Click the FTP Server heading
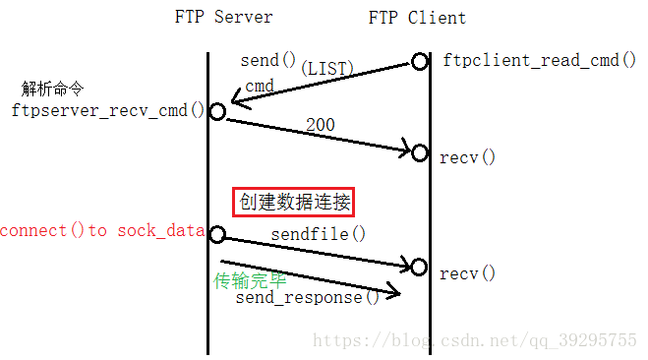223,17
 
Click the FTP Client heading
417,17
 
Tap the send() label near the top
267,61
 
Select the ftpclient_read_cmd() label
532,60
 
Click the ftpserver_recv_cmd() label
108,109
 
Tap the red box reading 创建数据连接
294,203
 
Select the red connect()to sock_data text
102,231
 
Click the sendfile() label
319,234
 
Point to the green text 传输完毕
250,280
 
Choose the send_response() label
308,296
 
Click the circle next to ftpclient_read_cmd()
420,62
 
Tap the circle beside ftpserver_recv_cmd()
217,112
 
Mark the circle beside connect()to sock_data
217,234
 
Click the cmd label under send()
260,87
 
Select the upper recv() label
468,157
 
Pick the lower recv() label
468,272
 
